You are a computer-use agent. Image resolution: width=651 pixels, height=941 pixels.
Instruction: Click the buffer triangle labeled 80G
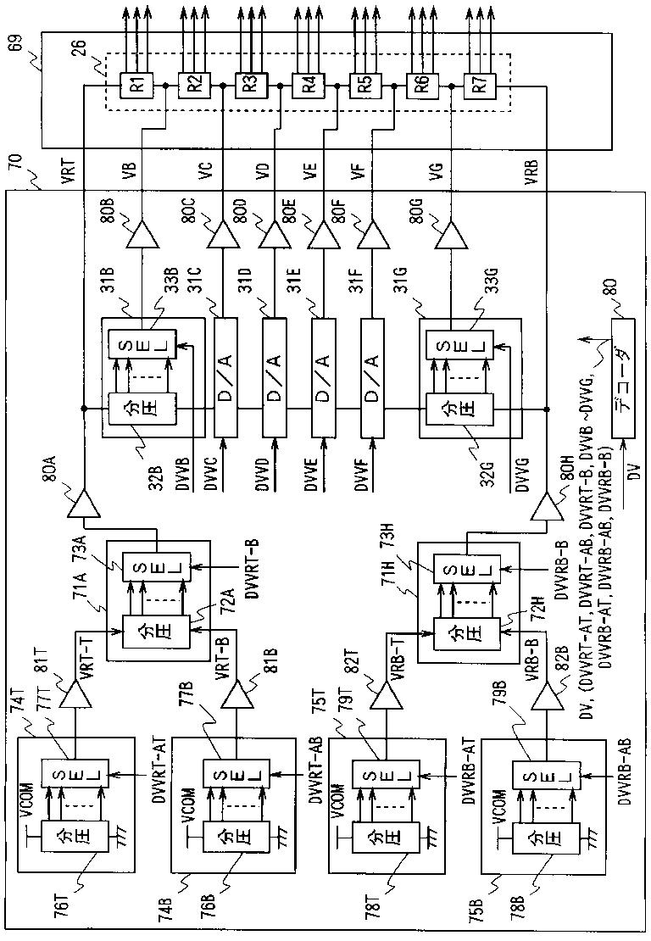tap(451, 234)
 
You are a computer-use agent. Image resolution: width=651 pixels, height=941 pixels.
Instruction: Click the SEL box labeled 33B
tap(142, 344)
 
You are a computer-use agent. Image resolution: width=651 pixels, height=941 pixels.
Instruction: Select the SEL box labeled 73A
tap(156, 568)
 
